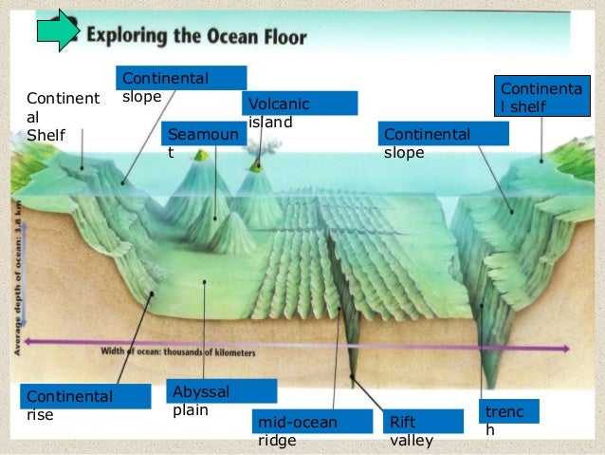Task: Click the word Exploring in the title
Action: pyautogui.click(x=132, y=37)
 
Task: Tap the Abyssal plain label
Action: pyautogui.click(x=222, y=399)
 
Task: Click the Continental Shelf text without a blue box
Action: pyautogui.click(x=62, y=116)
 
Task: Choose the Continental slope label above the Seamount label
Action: pyautogui.click(x=180, y=84)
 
